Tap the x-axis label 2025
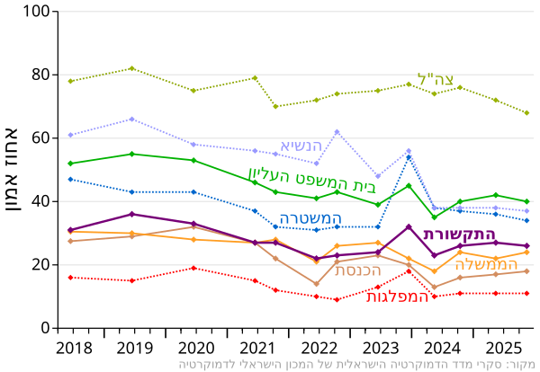point(501,348)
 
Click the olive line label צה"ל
point(435,80)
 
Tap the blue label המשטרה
point(310,218)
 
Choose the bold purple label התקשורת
point(460,235)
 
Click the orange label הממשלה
point(486,265)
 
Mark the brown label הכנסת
point(357,270)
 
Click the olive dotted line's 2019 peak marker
point(132,68)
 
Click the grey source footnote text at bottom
point(356,365)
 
